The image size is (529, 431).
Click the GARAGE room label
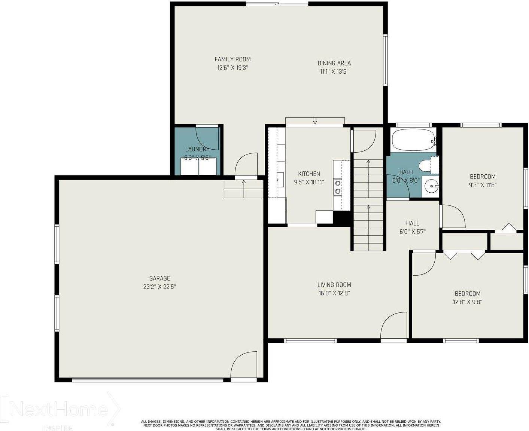(x=159, y=278)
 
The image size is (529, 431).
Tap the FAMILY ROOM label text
(x=232, y=59)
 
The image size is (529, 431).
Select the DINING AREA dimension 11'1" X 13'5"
(x=334, y=72)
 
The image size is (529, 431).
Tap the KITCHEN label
(x=309, y=174)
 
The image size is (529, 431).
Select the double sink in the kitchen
(x=338, y=187)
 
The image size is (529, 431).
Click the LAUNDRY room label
(x=197, y=149)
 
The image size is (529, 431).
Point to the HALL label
(x=412, y=223)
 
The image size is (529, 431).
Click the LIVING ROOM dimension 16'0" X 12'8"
(x=334, y=293)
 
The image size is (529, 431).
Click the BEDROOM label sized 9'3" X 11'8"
(x=483, y=177)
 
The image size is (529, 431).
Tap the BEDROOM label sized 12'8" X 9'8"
(x=467, y=294)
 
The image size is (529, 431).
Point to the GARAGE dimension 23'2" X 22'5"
(x=159, y=287)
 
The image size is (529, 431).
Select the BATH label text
(x=406, y=172)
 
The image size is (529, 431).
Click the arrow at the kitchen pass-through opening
(x=315, y=121)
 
